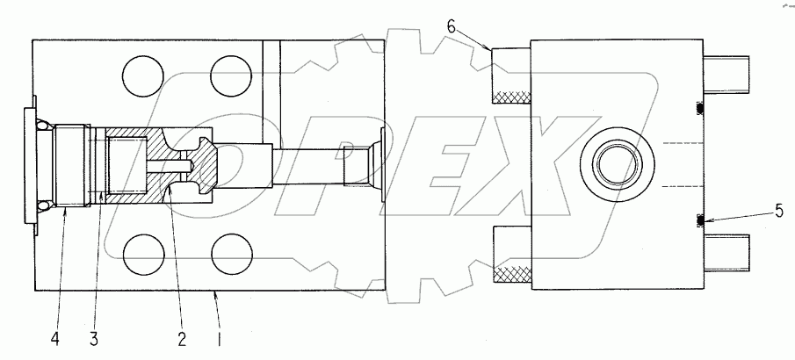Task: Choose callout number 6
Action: [x=451, y=27]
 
